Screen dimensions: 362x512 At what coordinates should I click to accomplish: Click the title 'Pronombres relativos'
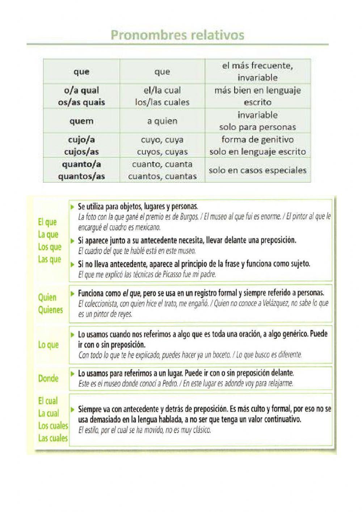177,35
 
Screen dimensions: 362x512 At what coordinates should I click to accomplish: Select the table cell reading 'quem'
81,121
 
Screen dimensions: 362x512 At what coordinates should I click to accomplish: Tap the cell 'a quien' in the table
162,121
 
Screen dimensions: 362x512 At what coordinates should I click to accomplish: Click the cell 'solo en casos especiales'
257,170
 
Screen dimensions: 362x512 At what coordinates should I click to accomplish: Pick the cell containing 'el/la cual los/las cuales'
162,96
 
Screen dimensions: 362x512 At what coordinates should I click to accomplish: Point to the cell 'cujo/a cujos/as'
81,145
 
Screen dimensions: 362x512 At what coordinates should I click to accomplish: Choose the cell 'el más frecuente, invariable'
257,71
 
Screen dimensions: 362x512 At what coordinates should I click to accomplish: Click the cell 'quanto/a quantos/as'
81,170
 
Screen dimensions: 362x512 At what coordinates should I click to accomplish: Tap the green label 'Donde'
48,379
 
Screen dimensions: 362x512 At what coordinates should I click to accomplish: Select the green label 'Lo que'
48,345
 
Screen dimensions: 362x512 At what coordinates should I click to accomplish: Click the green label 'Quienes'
50,310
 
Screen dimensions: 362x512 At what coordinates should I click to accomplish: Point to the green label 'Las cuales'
53,438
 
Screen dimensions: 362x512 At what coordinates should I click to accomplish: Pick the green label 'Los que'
50,247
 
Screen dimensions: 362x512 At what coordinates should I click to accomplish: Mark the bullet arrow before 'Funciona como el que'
73,293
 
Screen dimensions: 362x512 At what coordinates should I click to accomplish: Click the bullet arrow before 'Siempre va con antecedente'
73,409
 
